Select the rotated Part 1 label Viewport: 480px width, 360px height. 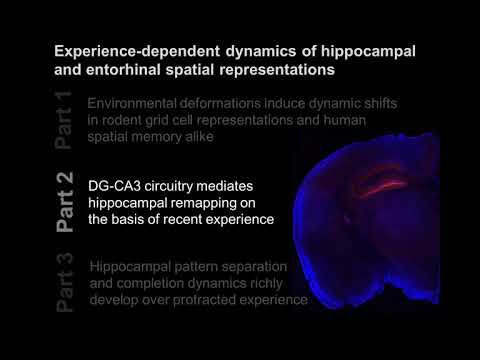click(x=65, y=121)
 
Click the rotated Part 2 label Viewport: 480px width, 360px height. click(x=65, y=204)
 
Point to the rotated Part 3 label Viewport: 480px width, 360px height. click(x=65, y=284)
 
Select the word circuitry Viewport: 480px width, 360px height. click(x=178, y=187)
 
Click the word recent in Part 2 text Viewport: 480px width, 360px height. click(x=198, y=220)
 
